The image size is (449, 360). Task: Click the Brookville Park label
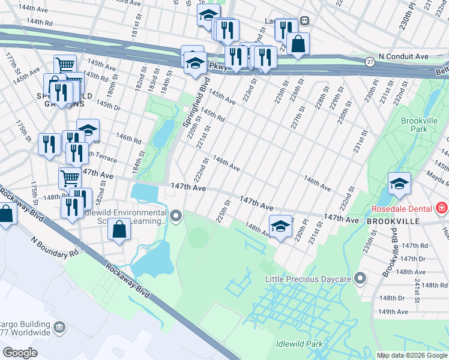tap(418, 125)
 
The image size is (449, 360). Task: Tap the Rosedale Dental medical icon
tap(442, 208)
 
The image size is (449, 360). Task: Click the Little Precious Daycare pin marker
tap(360, 278)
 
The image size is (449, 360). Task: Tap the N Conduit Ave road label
tap(406, 56)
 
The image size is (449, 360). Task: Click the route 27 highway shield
tap(370, 61)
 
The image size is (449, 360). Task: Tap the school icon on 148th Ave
tap(280, 227)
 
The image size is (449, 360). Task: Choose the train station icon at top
tap(305, 20)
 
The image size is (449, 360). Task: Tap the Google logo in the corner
tap(20, 352)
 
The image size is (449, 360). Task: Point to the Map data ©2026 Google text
tap(412, 355)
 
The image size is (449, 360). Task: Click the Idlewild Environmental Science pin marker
tap(176, 215)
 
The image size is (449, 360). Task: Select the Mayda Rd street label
tap(437, 175)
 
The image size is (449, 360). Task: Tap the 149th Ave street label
tap(394, 311)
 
